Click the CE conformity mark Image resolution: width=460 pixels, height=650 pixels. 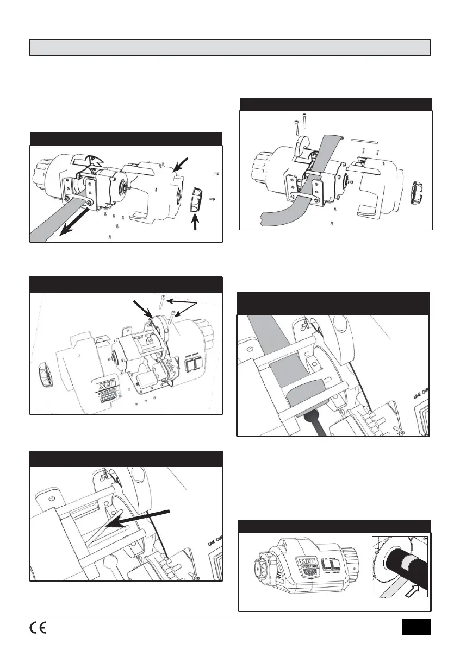(38, 627)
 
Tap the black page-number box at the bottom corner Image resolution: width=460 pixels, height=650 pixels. (416, 627)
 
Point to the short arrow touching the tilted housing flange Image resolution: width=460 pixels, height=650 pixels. (142, 308)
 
